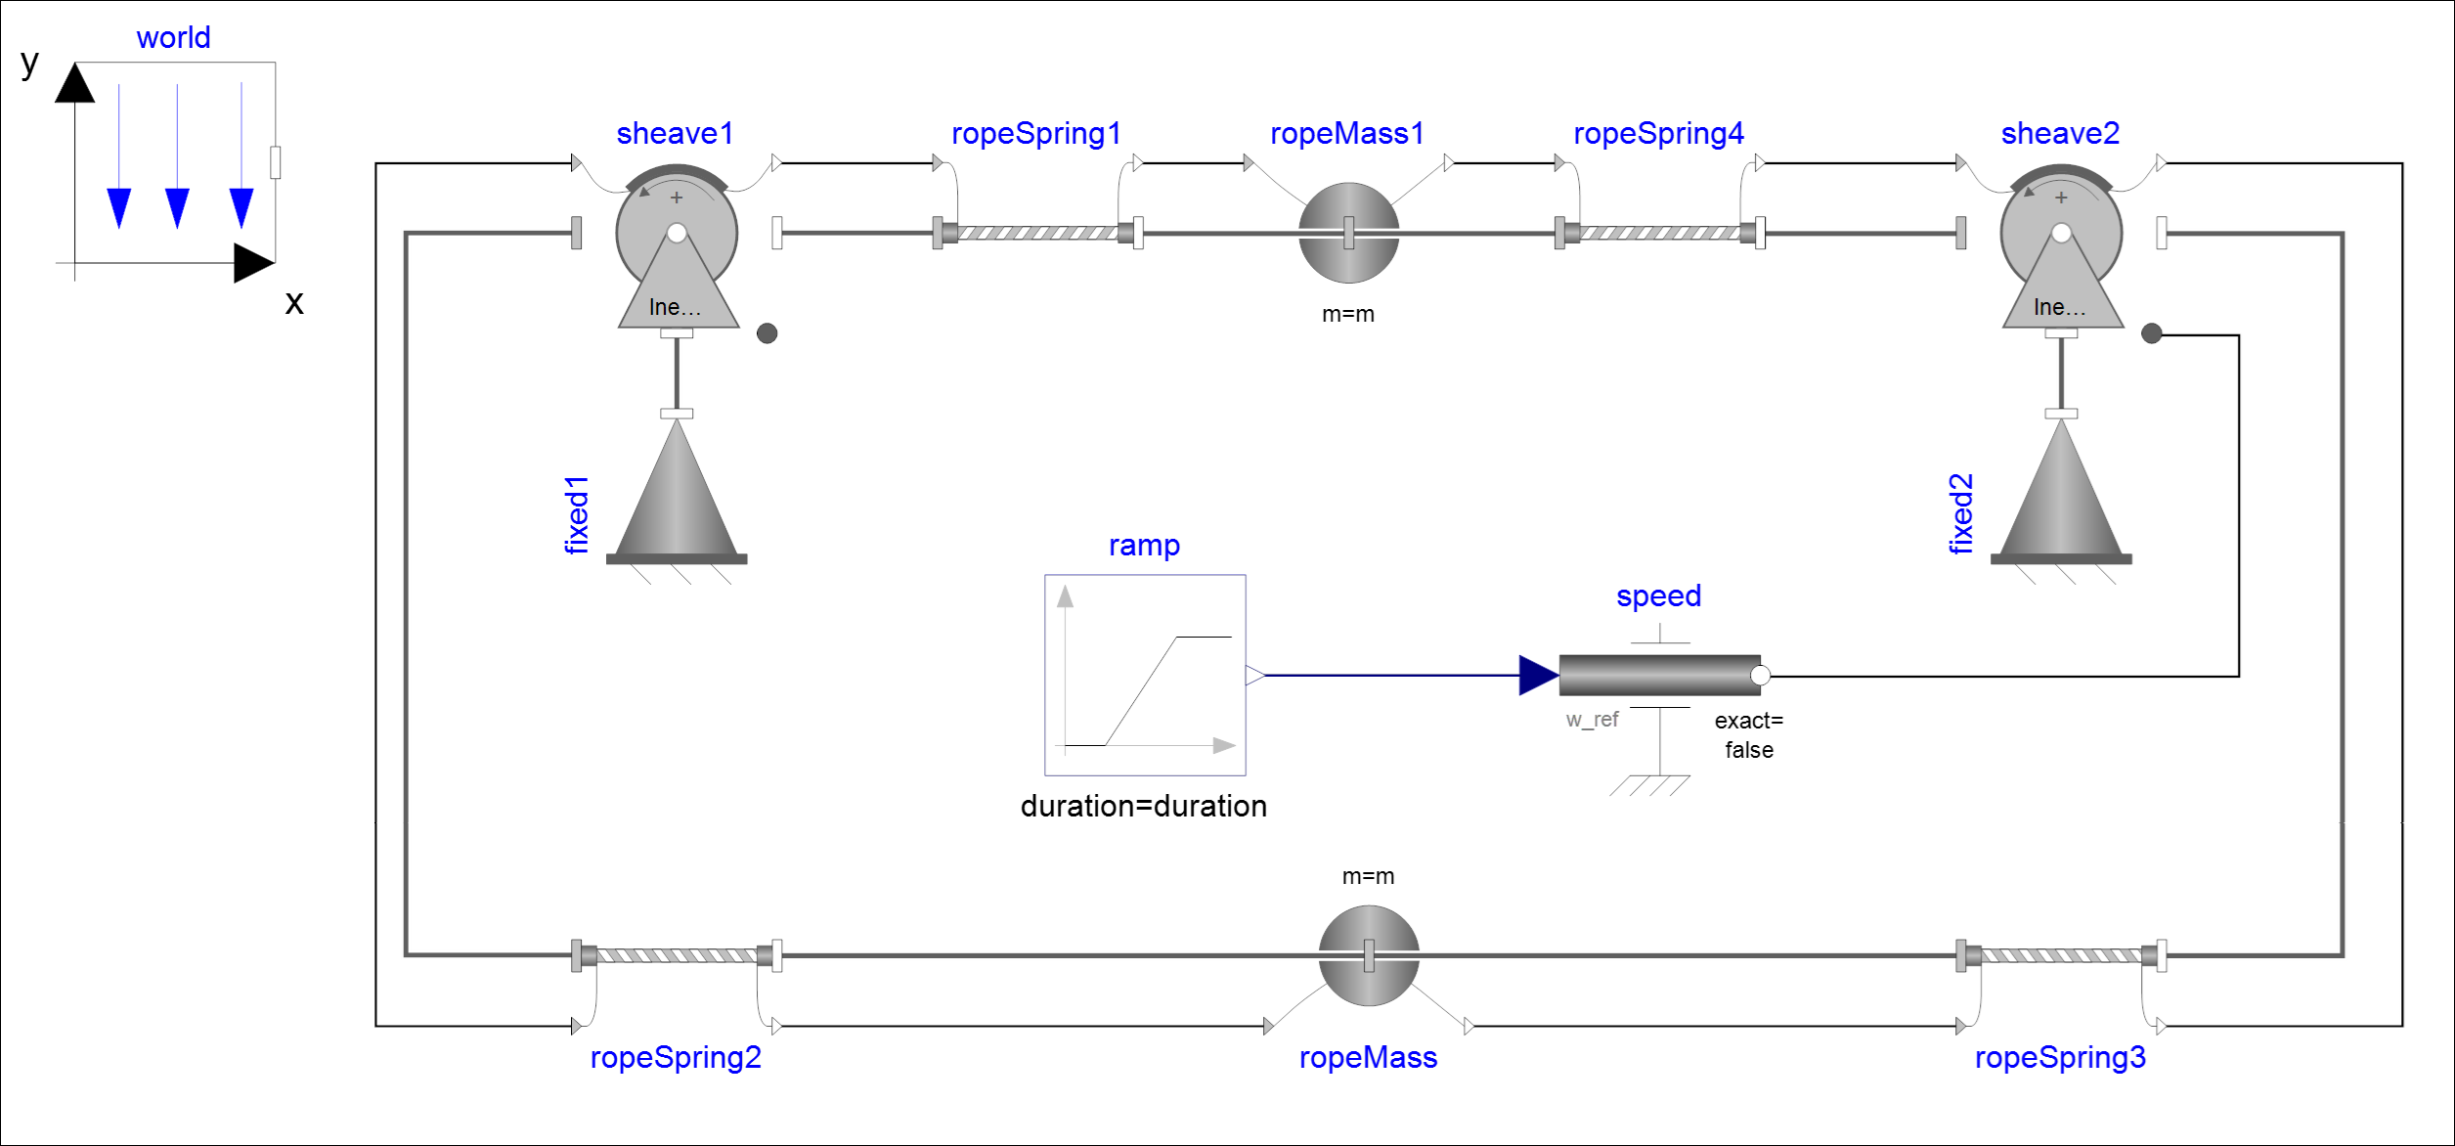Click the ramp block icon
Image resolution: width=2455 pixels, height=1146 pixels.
tap(1145, 675)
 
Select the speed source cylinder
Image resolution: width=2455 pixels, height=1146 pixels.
tap(1659, 675)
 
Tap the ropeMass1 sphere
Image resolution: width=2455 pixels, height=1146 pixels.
tap(1348, 233)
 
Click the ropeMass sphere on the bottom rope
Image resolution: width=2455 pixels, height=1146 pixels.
tap(1368, 955)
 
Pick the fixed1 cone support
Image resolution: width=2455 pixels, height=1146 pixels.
tap(677, 494)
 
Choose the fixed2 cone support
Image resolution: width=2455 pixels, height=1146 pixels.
tap(2061, 494)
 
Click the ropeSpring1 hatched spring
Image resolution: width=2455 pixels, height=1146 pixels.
tap(1037, 233)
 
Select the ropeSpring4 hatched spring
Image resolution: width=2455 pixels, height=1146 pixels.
tap(1659, 233)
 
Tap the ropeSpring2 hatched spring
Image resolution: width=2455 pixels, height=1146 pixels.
tap(677, 955)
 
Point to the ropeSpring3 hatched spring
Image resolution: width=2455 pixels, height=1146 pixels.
tap(2061, 955)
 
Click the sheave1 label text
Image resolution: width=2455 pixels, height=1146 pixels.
tap(675, 133)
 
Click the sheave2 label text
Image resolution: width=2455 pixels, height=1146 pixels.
tap(2060, 133)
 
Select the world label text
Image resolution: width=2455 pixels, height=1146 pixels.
tap(173, 37)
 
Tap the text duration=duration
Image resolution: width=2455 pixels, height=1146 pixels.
tap(1143, 806)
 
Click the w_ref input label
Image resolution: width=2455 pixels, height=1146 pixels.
tap(1592, 720)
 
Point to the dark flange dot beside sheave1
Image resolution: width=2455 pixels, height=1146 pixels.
tap(767, 333)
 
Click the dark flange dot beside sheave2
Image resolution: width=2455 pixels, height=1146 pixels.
tap(2151, 333)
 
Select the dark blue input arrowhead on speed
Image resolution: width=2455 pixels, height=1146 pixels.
tap(1538, 675)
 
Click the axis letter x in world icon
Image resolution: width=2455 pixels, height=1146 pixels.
tap(294, 303)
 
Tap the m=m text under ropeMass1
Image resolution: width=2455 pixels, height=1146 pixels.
tap(1347, 314)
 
